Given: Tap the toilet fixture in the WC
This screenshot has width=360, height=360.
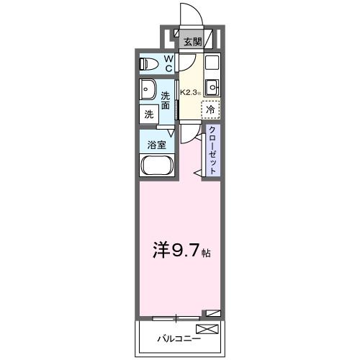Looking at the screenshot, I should click(150, 63).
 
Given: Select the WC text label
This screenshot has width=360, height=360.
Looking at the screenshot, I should click(168, 64).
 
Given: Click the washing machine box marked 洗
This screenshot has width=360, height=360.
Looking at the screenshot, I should click(149, 114).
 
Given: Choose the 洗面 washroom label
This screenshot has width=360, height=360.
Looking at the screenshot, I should click(166, 100).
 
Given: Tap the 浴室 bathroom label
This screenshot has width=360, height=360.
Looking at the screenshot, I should click(156, 144).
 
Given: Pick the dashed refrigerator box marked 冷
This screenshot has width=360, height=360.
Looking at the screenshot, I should click(210, 110).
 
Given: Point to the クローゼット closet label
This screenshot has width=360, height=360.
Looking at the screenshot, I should click(213, 149).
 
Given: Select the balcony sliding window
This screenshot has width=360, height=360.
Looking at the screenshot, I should click(176, 315).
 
